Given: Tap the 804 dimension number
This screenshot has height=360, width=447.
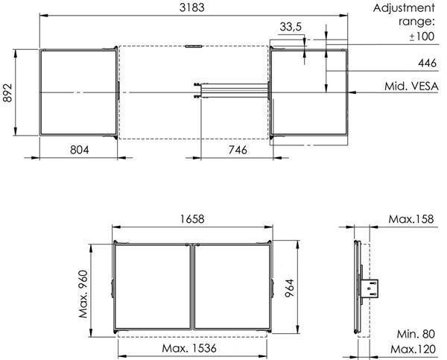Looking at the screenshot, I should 79,149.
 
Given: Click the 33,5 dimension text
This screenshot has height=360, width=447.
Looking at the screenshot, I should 291,27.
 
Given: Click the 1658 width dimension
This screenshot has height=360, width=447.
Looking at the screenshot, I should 192,219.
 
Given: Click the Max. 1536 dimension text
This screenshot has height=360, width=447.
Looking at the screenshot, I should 192,349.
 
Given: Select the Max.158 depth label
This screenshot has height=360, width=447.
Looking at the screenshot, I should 413,219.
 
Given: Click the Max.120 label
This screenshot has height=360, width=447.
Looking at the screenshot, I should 413,349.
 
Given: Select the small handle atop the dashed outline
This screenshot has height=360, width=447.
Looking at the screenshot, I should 193,46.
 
